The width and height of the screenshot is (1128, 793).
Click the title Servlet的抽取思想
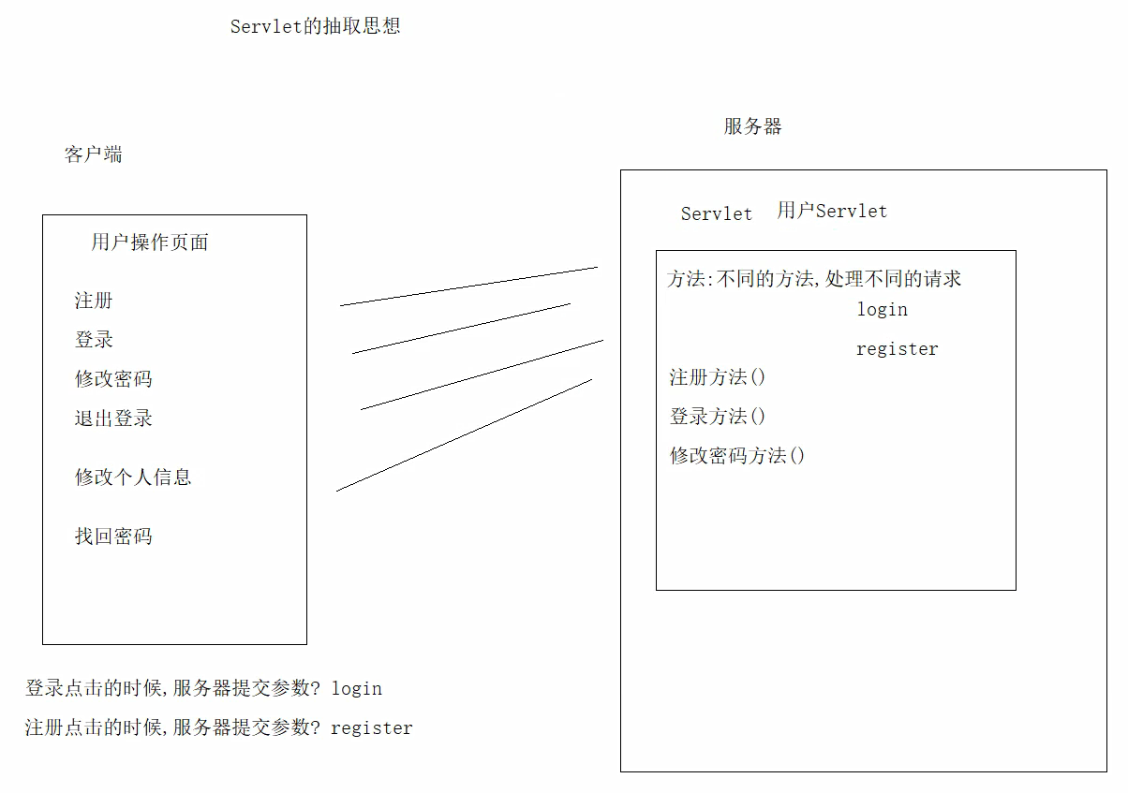pos(315,26)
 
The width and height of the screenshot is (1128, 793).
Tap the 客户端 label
pos(93,154)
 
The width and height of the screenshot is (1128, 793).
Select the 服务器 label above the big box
pos(752,126)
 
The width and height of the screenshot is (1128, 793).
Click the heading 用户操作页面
pos(150,242)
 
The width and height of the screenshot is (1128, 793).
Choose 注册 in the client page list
pos(94,301)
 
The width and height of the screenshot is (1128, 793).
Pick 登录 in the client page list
pos(94,340)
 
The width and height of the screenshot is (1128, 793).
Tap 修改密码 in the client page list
pos(113,379)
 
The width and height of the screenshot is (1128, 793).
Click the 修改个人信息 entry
pos(133,477)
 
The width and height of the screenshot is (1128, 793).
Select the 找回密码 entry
pos(113,536)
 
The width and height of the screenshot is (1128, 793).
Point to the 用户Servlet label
pos(832,211)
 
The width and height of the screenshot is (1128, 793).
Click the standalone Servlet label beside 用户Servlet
pos(716,213)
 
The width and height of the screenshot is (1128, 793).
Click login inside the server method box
pos(882,309)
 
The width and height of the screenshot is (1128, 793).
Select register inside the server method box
pos(897,349)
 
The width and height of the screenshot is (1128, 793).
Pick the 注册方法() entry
pos(718,377)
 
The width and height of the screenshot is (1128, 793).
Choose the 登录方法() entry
pos(718,417)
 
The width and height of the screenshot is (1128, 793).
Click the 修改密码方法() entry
pos(737,456)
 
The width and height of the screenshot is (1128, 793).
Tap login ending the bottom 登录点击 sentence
pos(357,688)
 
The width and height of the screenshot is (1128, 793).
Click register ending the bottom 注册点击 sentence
pos(372,727)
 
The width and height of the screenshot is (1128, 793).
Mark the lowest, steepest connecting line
pos(464,434)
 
